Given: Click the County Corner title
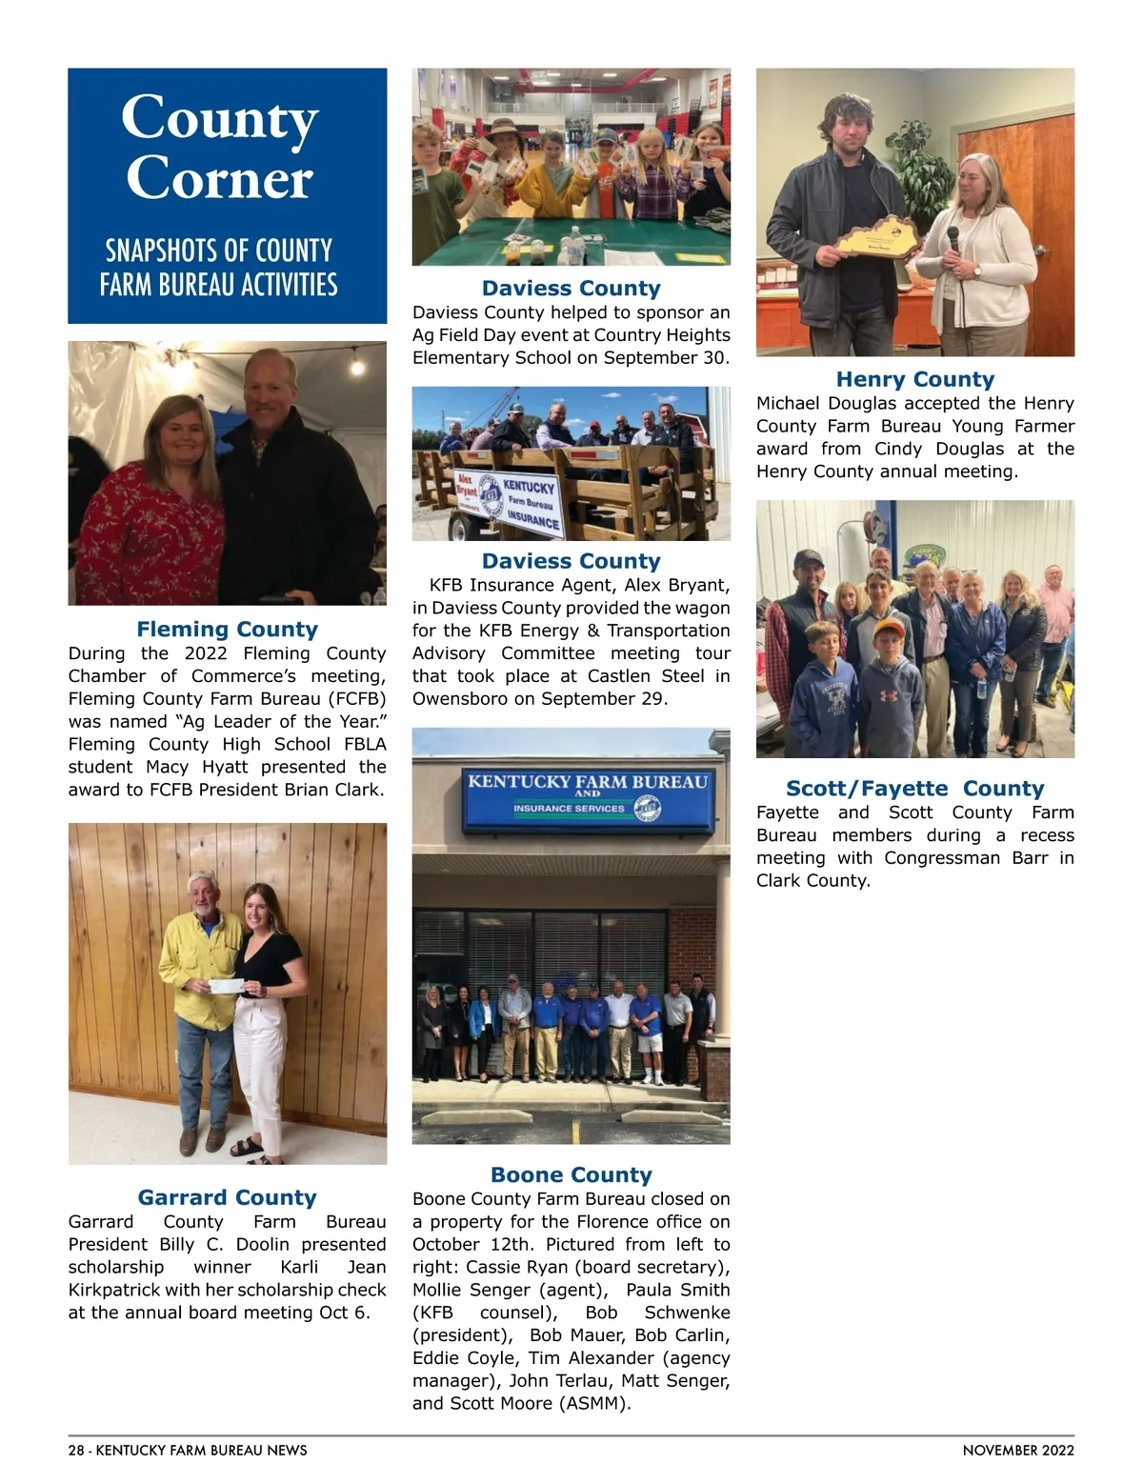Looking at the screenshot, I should (x=220, y=148).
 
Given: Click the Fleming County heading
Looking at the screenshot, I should (x=227, y=629).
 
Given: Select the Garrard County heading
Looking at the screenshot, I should (x=227, y=1197).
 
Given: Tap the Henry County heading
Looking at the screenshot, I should (x=914, y=379).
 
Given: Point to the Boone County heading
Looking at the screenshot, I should (x=571, y=1174).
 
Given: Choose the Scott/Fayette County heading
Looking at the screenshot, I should (x=914, y=788).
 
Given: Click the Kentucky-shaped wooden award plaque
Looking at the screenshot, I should (x=879, y=238).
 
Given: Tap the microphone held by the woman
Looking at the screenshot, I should (x=952, y=239).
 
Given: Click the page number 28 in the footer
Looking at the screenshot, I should (x=76, y=1451).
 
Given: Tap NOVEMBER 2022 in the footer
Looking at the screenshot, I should (x=1018, y=1451).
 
